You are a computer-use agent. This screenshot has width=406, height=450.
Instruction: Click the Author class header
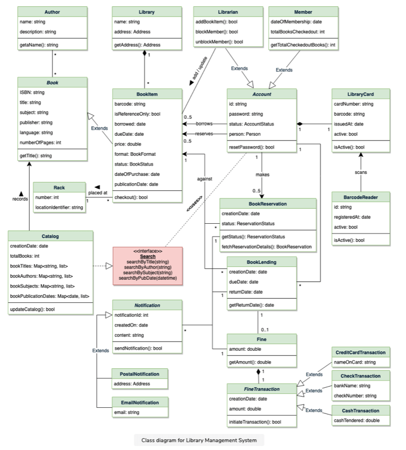(x=52, y=11)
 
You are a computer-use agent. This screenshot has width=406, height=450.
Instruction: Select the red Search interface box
(x=147, y=265)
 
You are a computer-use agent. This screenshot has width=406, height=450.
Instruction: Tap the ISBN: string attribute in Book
(x=32, y=93)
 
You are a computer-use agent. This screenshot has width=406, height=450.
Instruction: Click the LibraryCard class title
(x=360, y=94)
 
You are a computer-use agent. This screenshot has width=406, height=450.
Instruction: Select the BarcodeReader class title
(x=360, y=197)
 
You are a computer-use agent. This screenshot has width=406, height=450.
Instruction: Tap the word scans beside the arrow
(x=361, y=173)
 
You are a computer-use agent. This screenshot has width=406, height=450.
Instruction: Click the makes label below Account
(x=262, y=174)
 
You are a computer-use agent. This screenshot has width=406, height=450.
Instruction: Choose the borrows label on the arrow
(x=204, y=124)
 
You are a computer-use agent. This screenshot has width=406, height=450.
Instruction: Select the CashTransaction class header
(x=360, y=410)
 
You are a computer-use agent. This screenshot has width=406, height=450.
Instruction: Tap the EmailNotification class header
(x=140, y=402)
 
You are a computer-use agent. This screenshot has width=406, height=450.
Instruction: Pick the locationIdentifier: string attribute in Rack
(x=59, y=207)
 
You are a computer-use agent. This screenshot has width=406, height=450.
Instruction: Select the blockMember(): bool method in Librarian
(x=217, y=31)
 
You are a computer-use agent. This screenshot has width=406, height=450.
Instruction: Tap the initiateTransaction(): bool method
(x=254, y=422)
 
